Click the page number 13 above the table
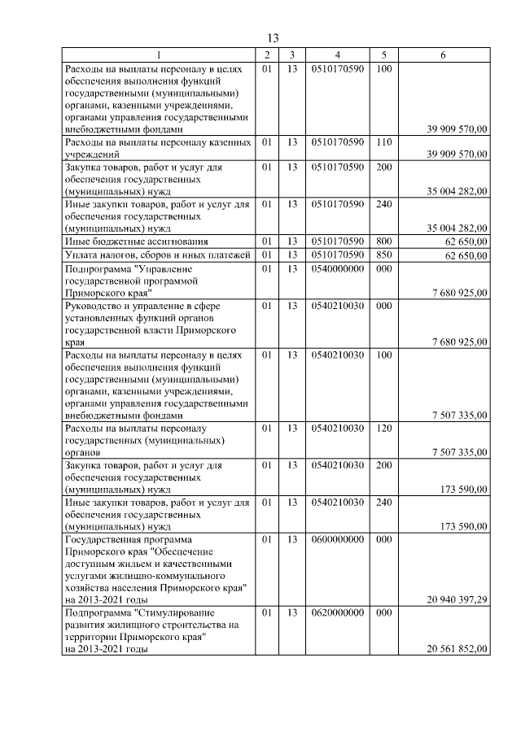coord(273,38)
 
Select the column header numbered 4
coord(337,54)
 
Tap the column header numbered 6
coord(442,54)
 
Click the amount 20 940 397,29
coord(457,600)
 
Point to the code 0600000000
coord(337,539)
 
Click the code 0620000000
coord(337,611)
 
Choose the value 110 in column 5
coord(384,142)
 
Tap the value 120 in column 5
coord(384,427)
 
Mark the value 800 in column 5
coord(384,242)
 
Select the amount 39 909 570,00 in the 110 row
coord(457,154)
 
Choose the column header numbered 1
coord(159,54)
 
